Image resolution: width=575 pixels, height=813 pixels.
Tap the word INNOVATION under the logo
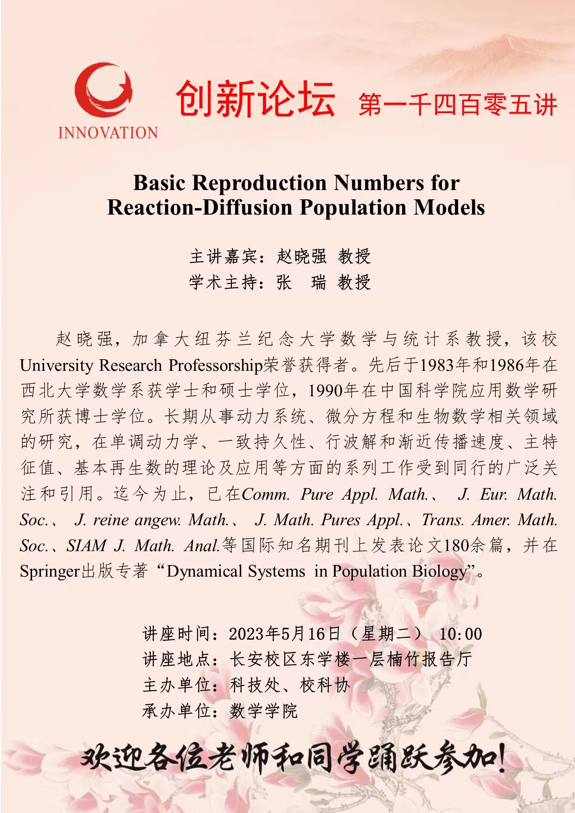(x=108, y=133)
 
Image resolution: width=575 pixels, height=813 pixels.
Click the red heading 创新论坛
(x=256, y=99)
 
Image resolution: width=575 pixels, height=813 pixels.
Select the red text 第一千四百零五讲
(x=457, y=104)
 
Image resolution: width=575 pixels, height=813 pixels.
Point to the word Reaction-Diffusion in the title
(x=199, y=207)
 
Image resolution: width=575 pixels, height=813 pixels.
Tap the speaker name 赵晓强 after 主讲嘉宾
(x=301, y=256)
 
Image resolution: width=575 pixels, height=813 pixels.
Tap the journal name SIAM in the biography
(x=87, y=546)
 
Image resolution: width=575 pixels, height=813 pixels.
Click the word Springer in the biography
(x=50, y=572)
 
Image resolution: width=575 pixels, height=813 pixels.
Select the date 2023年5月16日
(x=284, y=634)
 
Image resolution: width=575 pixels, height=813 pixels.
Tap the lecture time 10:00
(x=460, y=634)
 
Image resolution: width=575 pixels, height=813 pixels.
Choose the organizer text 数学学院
(x=263, y=711)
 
